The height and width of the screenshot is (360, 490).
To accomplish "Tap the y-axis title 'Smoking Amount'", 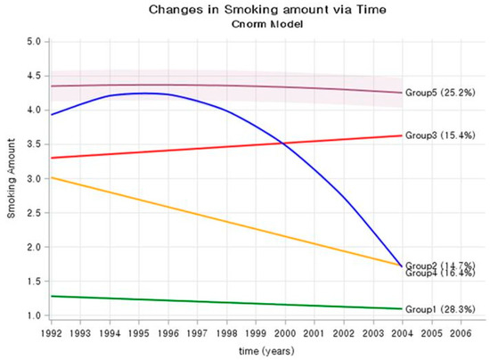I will pyautogui.click(x=12, y=178).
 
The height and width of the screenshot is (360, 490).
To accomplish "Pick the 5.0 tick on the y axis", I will pyautogui.click(x=35, y=42).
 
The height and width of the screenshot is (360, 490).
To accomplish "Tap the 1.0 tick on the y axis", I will pyautogui.click(x=35, y=315).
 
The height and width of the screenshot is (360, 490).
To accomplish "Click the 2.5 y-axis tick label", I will pyautogui.click(x=35, y=213).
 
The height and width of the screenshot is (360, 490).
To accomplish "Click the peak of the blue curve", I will pyautogui.click(x=143, y=93).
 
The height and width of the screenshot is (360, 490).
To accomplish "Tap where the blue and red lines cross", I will pyautogui.click(x=283, y=143).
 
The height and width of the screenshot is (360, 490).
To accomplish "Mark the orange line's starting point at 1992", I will pyautogui.click(x=53, y=177).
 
